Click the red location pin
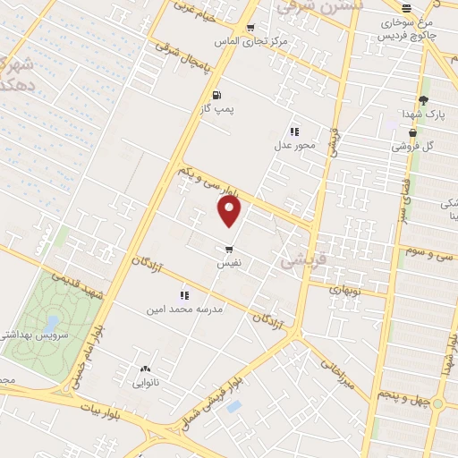click(x=230, y=211)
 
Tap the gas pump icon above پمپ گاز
click(x=216, y=94)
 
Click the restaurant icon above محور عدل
click(x=294, y=131)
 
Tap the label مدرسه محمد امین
click(x=185, y=309)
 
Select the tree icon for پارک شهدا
click(x=423, y=100)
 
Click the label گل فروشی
click(x=415, y=146)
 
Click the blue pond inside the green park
click(x=51, y=321)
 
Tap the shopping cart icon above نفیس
click(x=230, y=250)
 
